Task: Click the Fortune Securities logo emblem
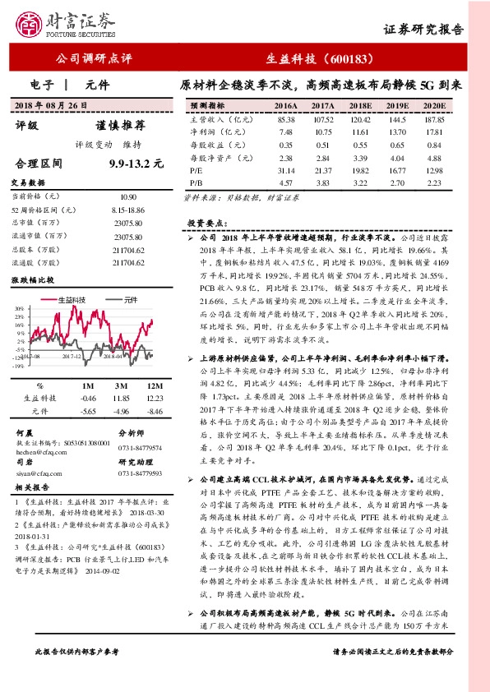33,24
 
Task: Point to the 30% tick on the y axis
18,309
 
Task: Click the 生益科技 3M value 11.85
122,398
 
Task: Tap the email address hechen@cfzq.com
39,450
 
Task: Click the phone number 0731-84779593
140,473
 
